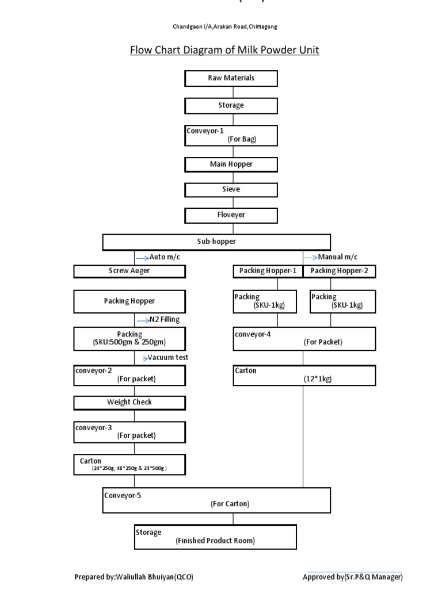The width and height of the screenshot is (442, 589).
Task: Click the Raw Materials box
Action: (231, 78)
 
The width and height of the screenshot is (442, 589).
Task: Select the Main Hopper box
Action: (231, 165)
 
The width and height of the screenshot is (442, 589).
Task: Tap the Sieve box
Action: (231, 189)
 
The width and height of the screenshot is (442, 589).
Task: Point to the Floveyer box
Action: (231, 215)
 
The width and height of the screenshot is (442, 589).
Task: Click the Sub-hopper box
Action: (216, 242)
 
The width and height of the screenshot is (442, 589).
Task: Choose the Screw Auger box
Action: (129, 271)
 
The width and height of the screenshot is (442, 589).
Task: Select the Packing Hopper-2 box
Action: (340, 271)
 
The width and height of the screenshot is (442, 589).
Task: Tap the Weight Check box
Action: (129, 402)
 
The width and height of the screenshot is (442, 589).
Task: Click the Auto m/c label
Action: (165, 257)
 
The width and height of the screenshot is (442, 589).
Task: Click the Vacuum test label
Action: (167, 357)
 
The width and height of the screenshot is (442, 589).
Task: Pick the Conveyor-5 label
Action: (123, 495)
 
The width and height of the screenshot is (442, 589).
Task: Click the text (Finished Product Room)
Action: (215, 541)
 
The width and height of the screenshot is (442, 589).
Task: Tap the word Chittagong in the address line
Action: (266, 27)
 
